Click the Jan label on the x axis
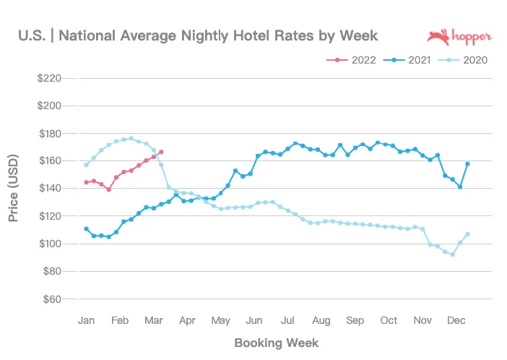(x=86, y=320)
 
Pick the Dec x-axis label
(x=456, y=320)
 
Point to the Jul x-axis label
(x=287, y=320)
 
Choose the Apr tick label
(x=187, y=320)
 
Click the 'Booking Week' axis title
(x=276, y=342)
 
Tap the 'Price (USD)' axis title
(x=14, y=188)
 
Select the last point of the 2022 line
(x=161, y=152)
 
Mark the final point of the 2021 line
(x=467, y=164)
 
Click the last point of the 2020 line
(x=467, y=234)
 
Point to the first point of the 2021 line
(x=86, y=229)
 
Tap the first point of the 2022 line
(x=86, y=182)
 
